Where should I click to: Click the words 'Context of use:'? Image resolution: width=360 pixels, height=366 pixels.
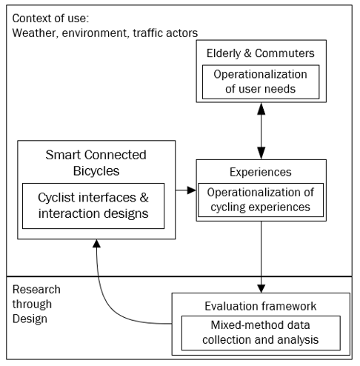[x=50, y=19]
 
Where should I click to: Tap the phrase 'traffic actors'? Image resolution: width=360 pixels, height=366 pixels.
[x=165, y=33]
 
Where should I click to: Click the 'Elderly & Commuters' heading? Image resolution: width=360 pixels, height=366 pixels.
[x=261, y=53]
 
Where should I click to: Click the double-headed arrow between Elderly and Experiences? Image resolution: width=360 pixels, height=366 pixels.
[x=261, y=131]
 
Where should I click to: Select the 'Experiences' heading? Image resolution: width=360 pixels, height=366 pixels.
[x=261, y=172]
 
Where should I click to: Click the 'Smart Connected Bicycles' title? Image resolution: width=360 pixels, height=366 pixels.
[x=96, y=163]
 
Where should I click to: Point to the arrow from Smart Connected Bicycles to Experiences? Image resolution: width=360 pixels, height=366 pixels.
[x=186, y=190]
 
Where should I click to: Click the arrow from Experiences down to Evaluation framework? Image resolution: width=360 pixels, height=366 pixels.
[x=261, y=257]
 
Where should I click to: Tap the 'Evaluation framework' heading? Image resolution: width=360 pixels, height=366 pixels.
[x=261, y=306]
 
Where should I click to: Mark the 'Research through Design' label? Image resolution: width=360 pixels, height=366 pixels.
[x=36, y=305]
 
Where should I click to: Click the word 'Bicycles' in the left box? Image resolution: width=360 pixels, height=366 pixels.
[x=96, y=171]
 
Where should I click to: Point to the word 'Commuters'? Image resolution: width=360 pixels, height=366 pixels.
[x=284, y=53]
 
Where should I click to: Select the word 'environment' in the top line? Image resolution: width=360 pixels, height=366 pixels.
[x=96, y=33]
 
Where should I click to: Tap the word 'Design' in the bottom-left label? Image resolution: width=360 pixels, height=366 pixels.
[x=30, y=319]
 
